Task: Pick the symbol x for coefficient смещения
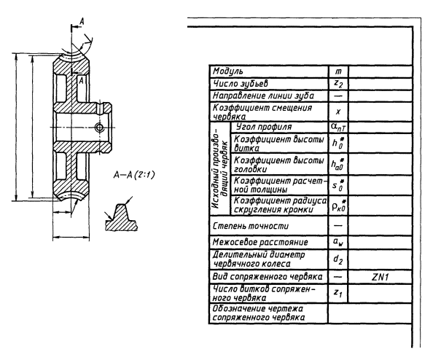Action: point(337,113)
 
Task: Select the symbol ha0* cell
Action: point(337,165)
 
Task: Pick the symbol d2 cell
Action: point(337,259)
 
